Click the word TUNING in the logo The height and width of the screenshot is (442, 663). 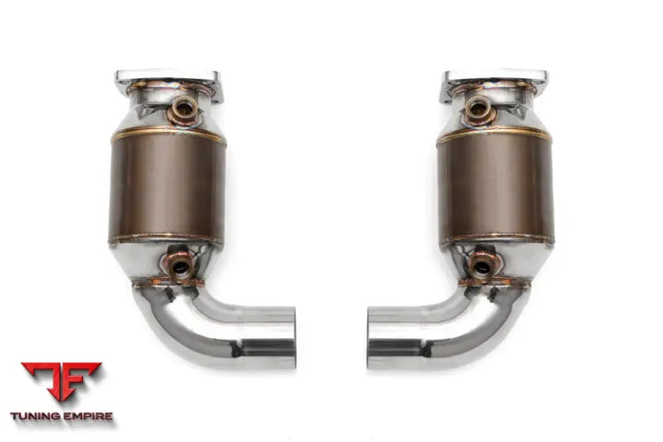pyautogui.click(x=36, y=416)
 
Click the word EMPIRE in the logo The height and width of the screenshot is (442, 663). pyautogui.click(x=87, y=416)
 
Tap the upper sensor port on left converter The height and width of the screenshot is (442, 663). pyautogui.click(x=183, y=109)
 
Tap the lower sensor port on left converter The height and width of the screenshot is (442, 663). pyautogui.click(x=179, y=266)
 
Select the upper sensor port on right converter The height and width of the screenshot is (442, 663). pyautogui.click(x=479, y=109)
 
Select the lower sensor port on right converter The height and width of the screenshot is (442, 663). pyautogui.click(x=483, y=266)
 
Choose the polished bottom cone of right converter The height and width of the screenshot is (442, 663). pyautogui.click(x=516, y=262)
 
